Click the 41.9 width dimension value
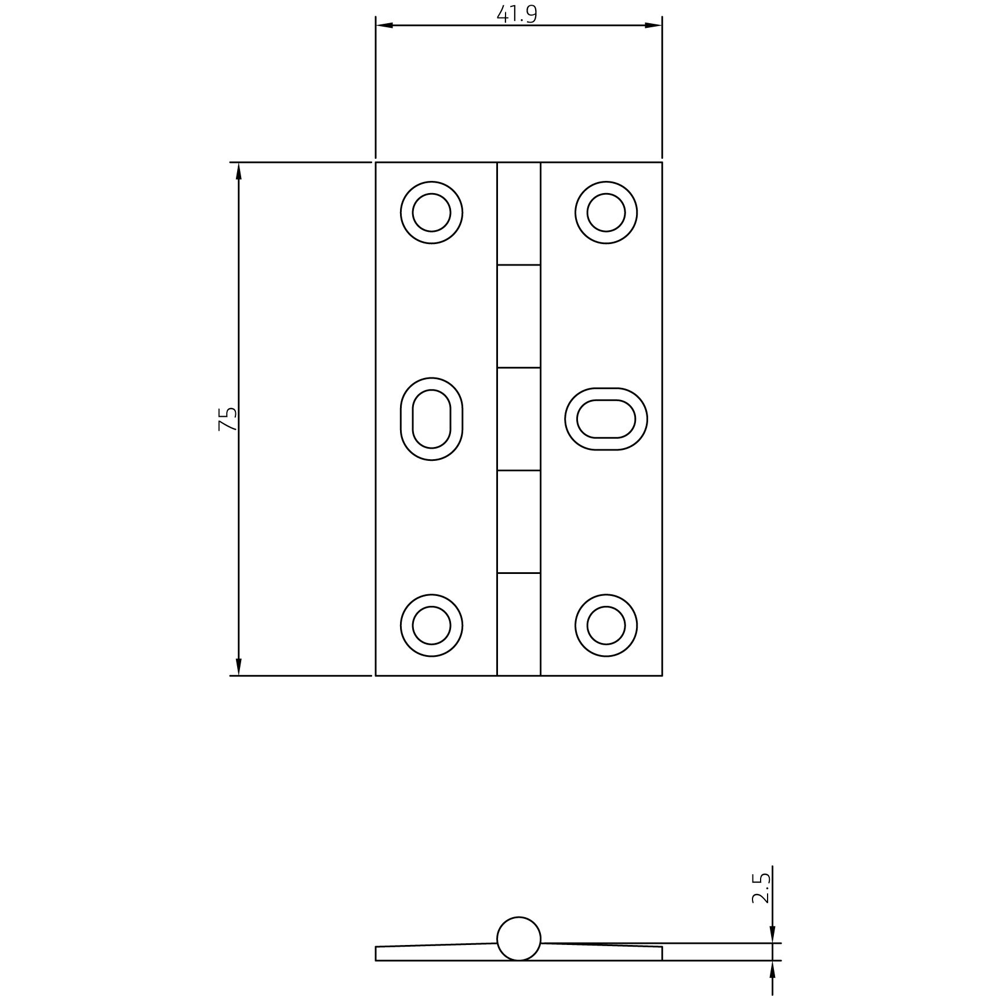(x=517, y=14)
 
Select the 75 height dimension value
(x=228, y=419)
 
